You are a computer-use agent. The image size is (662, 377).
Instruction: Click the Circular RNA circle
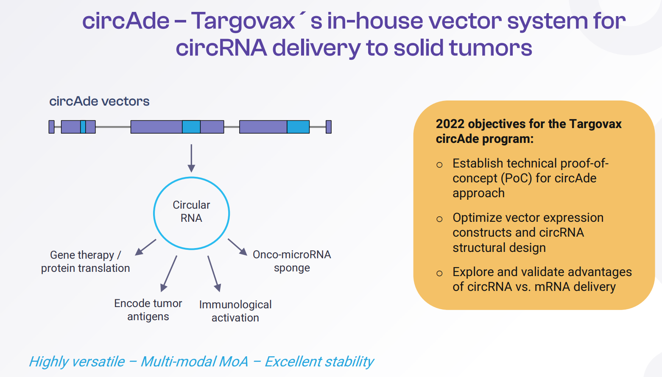pos(191,213)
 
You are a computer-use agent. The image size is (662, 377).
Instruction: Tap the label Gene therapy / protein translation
pos(85,261)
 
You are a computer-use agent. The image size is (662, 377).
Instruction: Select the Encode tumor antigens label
pos(148,310)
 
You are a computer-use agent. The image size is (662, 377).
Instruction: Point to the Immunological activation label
pos(235,311)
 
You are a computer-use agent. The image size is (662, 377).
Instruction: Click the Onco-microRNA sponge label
pos(292,261)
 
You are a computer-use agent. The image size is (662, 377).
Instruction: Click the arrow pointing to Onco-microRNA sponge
pos(237,247)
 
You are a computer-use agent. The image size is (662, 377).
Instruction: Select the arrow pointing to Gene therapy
pos(145,247)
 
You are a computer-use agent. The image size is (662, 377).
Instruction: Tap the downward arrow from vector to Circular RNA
pos(191,158)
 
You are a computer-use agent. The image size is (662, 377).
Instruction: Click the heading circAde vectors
pos(99,101)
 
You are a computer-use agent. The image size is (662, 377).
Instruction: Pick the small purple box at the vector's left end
pos(52,127)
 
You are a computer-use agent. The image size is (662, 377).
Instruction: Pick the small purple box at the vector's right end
pos(328,127)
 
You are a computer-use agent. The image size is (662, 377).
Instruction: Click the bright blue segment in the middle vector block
pos(191,127)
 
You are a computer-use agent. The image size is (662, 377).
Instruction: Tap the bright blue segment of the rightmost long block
pos(298,127)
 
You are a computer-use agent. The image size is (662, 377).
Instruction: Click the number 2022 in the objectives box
pos(450,124)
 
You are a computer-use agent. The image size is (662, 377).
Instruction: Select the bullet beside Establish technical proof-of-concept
pos(439,165)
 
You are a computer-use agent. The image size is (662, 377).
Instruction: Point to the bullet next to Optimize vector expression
pos(439,219)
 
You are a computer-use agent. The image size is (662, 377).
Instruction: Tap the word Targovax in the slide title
pos(243,21)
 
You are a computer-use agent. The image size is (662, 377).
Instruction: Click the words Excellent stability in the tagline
pos(319,361)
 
